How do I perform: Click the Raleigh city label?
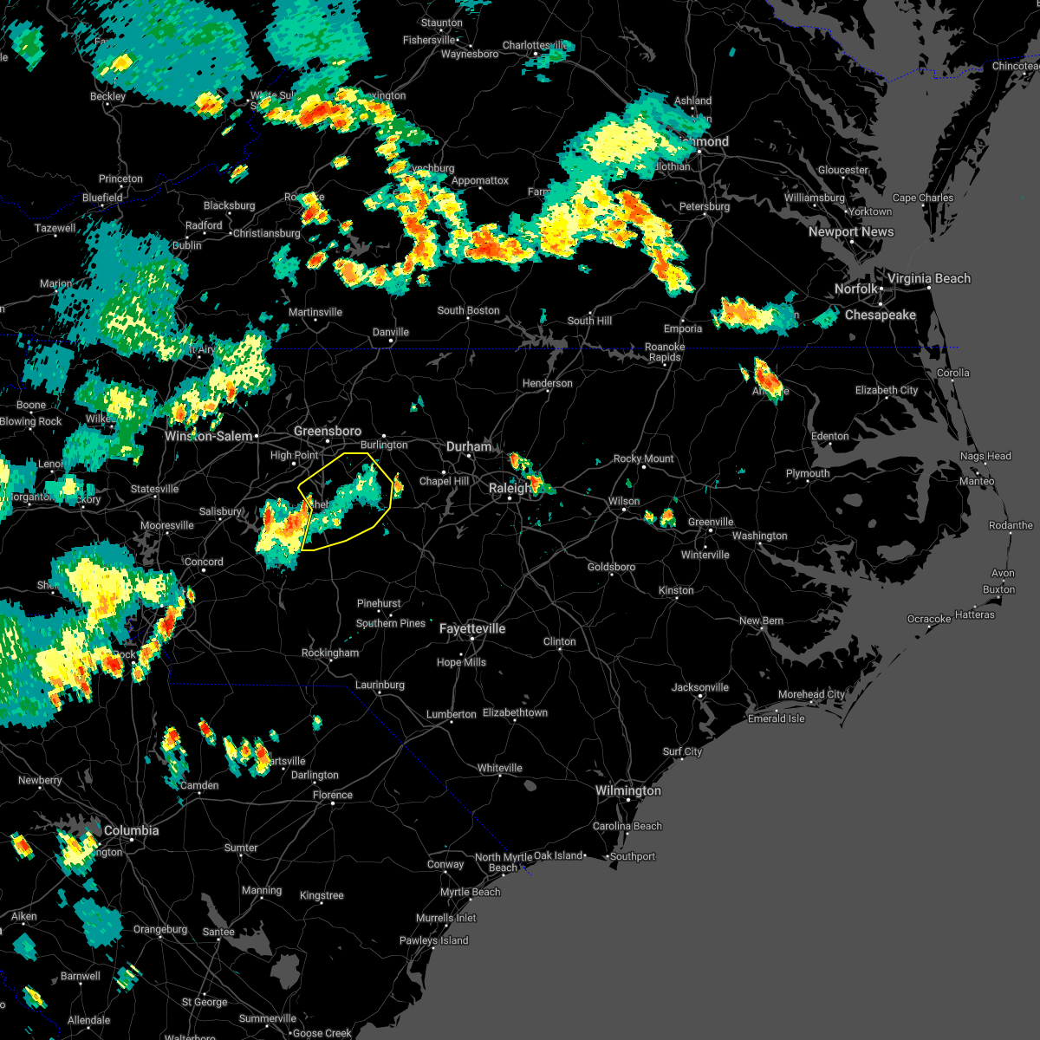tap(510, 488)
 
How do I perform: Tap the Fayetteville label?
tap(472, 628)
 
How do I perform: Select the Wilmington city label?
tap(627, 790)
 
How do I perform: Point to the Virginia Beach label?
tap(929, 278)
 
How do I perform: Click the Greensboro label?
tap(328, 431)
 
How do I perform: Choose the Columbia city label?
tap(131, 830)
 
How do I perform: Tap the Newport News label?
tap(851, 231)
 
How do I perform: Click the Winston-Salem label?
tap(209, 436)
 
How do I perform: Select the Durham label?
tap(469, 446)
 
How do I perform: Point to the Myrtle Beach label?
tap(470, 892)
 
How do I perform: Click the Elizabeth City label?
tap(887, 390)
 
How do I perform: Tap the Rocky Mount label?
tap(643, 458)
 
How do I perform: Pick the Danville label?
tap(390, 332)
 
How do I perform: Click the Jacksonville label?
tap(700, 687)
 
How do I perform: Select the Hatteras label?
tap(975, 614)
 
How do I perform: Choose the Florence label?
tap(333, 795)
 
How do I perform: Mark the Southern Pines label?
tap(391, 623)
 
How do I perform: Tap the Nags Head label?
tap(985, 456)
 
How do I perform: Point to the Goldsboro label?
tap(611, 567)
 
